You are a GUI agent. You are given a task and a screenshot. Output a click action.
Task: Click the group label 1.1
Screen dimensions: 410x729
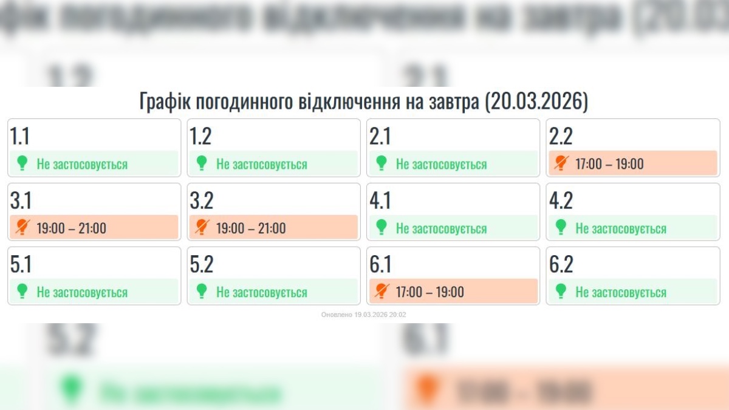coord(19,137)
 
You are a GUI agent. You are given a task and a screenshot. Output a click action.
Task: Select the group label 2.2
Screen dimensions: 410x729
coord(561,137)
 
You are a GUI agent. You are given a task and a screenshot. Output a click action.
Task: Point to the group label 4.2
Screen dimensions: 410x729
coord(561,200)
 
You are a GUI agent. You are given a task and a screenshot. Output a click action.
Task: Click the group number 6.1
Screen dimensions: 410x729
coord(380,265)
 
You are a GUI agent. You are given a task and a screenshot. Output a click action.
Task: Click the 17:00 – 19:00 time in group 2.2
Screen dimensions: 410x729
coord(609,164)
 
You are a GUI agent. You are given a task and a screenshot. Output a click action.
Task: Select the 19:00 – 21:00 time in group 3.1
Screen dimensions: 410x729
coord(71,228)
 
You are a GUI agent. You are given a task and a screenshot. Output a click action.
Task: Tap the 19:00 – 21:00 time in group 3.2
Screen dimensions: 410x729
coord(251,228)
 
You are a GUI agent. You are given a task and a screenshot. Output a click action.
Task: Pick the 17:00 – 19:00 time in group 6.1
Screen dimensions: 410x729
coord(430,292)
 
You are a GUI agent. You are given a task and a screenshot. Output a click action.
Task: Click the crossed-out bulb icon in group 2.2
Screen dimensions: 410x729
coord(561,163)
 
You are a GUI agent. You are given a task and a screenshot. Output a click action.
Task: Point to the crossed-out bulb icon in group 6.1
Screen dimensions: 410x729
coord(382,292)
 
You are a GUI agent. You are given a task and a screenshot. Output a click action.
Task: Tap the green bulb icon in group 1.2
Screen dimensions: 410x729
coord(202,163)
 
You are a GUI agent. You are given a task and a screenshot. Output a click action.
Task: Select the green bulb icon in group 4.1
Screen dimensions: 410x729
coord(382,228)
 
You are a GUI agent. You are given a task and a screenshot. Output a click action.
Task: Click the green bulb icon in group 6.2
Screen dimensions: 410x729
coord(561,292)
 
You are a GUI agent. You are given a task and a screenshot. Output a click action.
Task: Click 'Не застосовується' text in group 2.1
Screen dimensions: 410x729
coord(441,164)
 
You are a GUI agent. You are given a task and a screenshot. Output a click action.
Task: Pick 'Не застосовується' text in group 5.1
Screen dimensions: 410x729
coord(82,292)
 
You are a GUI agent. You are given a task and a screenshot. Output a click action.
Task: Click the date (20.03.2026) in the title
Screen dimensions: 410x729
coord(536,101)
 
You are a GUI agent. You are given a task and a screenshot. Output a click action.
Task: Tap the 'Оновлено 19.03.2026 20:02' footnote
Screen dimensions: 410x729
coord(363,315)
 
